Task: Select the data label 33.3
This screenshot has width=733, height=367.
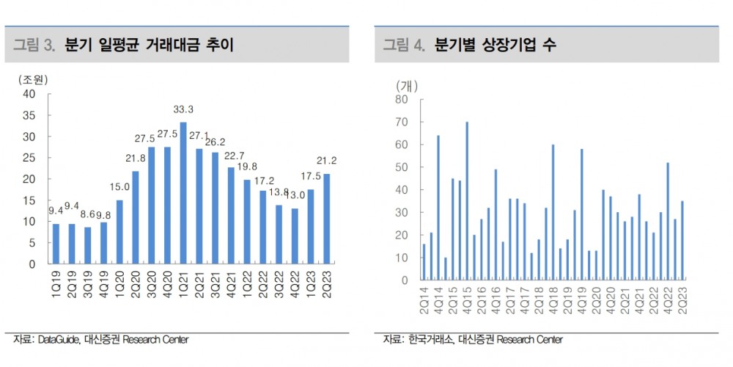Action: click(x=183, y=110)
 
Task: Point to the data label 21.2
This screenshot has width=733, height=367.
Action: click(x=327, y=161)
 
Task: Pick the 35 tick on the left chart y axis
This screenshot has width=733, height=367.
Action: click(x=29, y=115)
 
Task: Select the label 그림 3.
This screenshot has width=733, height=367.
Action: click(x=34, y=46)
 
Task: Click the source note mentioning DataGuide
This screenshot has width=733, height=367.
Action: click(x=100, y=339)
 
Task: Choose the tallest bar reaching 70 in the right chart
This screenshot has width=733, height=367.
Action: click(x=467, y=201)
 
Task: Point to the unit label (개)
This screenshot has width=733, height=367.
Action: click(x=407, y=85)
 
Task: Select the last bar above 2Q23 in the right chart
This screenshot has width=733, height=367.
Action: click(x=682, y=241)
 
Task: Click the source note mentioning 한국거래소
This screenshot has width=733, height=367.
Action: click(x=472, y=339)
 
